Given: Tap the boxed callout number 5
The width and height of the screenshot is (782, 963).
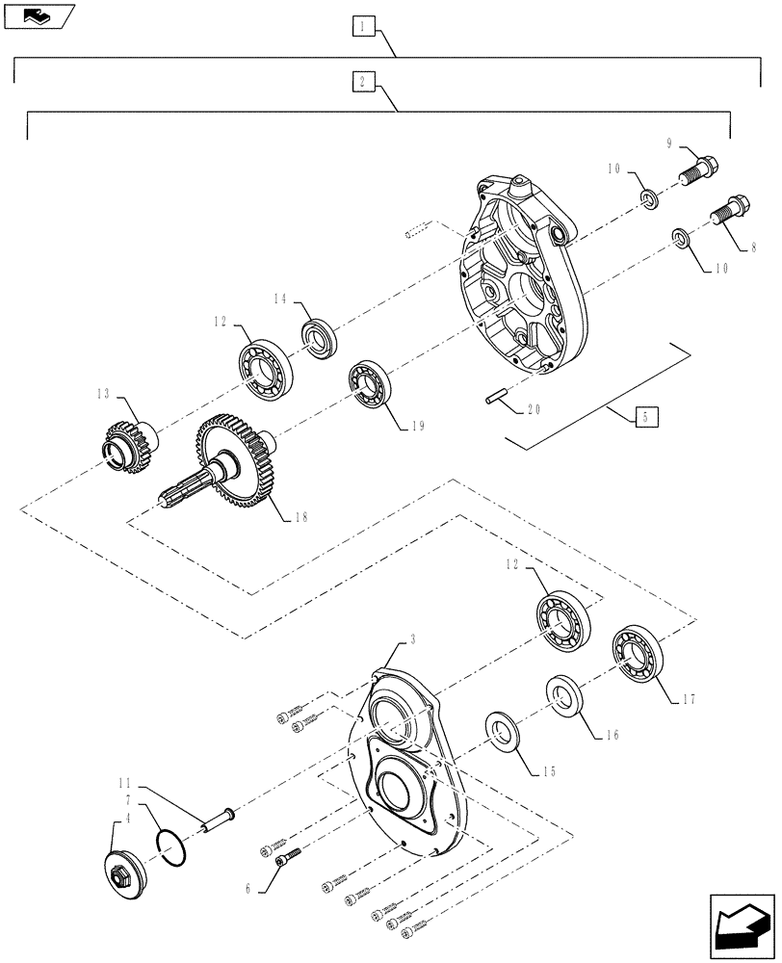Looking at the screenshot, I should (x=647, y=417).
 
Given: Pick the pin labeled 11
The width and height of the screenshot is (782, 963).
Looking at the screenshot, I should (x=215, y=819).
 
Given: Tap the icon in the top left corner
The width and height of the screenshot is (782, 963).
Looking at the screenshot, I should (x=36, y=14).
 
